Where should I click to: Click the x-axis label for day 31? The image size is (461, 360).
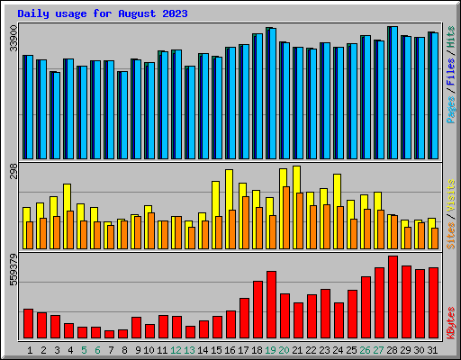click(x=433, y=349)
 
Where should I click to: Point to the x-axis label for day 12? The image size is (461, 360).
click(x=176, y=349)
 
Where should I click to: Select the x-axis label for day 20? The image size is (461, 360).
click(x=285, y=349)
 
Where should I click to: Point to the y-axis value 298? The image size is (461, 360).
click(x=13, y=172)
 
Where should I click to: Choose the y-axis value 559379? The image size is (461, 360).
click(x=13, y=270)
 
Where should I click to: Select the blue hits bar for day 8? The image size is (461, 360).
click(x=123, y=114)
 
